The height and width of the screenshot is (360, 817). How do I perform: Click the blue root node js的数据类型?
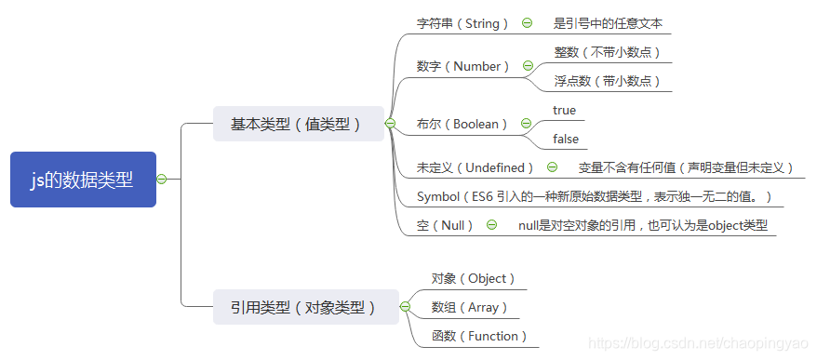[x=82, y=180]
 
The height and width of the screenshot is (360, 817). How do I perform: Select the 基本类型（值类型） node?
[x=297, y=124]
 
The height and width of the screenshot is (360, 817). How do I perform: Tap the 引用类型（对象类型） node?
[x=303, y=307]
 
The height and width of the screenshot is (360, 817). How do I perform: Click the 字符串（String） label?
[x=462, y=23]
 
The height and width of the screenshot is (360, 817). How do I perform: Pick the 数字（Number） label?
[x=463, y=66]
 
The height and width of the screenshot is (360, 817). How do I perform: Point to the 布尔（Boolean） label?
[x=462, y=124]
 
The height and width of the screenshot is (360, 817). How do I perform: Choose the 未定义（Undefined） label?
[x=475, y=167]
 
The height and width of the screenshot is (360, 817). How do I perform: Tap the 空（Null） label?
[x=446, y=225]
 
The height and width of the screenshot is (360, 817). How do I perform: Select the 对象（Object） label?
[x=473, y=278]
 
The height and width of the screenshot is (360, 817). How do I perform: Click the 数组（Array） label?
[x=469, y=307]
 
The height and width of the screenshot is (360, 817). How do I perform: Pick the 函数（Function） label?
[x=479, y=336]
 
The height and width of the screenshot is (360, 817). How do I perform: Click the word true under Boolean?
[x=564, y=110]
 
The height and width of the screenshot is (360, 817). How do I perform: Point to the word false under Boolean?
[x=565, y=139]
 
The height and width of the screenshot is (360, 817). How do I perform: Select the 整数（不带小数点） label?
[x=607, y=52]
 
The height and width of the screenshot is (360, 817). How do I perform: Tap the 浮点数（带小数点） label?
[x=607, y=81]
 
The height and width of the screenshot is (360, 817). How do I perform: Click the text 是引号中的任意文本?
[x=608, y=23]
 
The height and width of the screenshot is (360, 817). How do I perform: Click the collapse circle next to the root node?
[x=162, y=180]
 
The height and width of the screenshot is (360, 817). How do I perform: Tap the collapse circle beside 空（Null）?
[x=491, y=225]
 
